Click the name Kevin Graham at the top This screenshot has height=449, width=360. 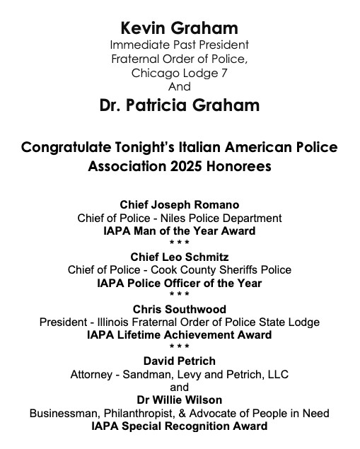coord(179,28)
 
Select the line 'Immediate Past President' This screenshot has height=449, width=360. coord(179,45)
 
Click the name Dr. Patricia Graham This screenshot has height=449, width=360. coord(179,105)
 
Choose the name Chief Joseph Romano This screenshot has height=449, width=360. coord(179,205)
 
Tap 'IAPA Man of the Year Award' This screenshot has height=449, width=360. coord(179,231)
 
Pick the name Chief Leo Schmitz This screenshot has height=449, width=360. coord(179,257)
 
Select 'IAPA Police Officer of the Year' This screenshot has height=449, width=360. coord(179,283)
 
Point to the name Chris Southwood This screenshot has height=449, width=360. coord(179,309)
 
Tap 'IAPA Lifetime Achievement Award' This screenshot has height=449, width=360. coord(179,335)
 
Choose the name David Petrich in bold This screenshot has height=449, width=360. coord(179,361)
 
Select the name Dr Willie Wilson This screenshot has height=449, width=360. coord(179,400)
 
